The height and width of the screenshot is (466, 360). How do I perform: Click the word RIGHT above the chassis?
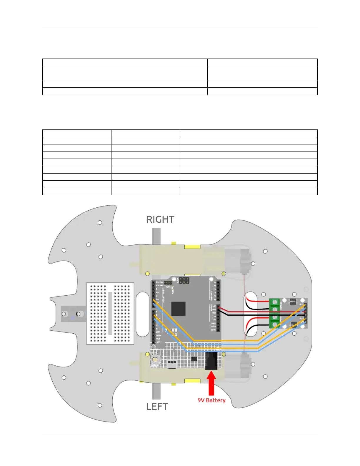[160, 219]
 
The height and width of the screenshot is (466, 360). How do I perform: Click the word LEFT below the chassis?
[157, 407]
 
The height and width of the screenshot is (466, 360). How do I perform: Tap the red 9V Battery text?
[211, 400]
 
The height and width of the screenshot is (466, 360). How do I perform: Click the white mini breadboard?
[110, 313]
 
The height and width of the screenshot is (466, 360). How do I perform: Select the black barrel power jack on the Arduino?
[211, 361]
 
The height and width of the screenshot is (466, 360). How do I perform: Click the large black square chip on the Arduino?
[178, 309]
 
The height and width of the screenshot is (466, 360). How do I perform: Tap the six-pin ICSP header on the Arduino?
[184, 280]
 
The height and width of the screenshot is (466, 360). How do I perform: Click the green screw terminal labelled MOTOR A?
[275, 306]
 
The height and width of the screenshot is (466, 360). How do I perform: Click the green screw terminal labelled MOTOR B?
[275, 321]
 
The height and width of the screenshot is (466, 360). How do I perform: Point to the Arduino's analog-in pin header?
[218, 291]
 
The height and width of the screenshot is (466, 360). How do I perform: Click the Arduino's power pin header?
[218, 318]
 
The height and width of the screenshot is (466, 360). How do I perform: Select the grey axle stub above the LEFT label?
[156, 391]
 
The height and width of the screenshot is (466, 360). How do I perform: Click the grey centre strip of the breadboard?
[110, 313]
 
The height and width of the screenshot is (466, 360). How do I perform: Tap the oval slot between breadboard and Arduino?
[143, 314]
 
